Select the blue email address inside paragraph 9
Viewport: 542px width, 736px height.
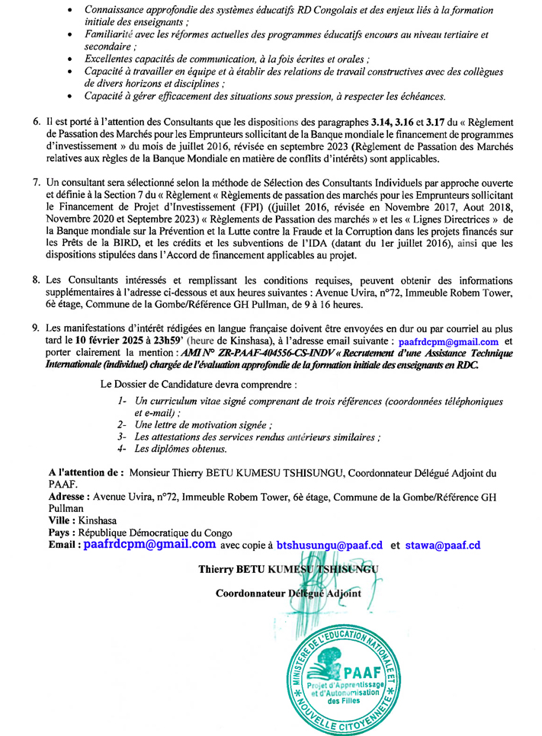pyautogui.click(x=448, y=341)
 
